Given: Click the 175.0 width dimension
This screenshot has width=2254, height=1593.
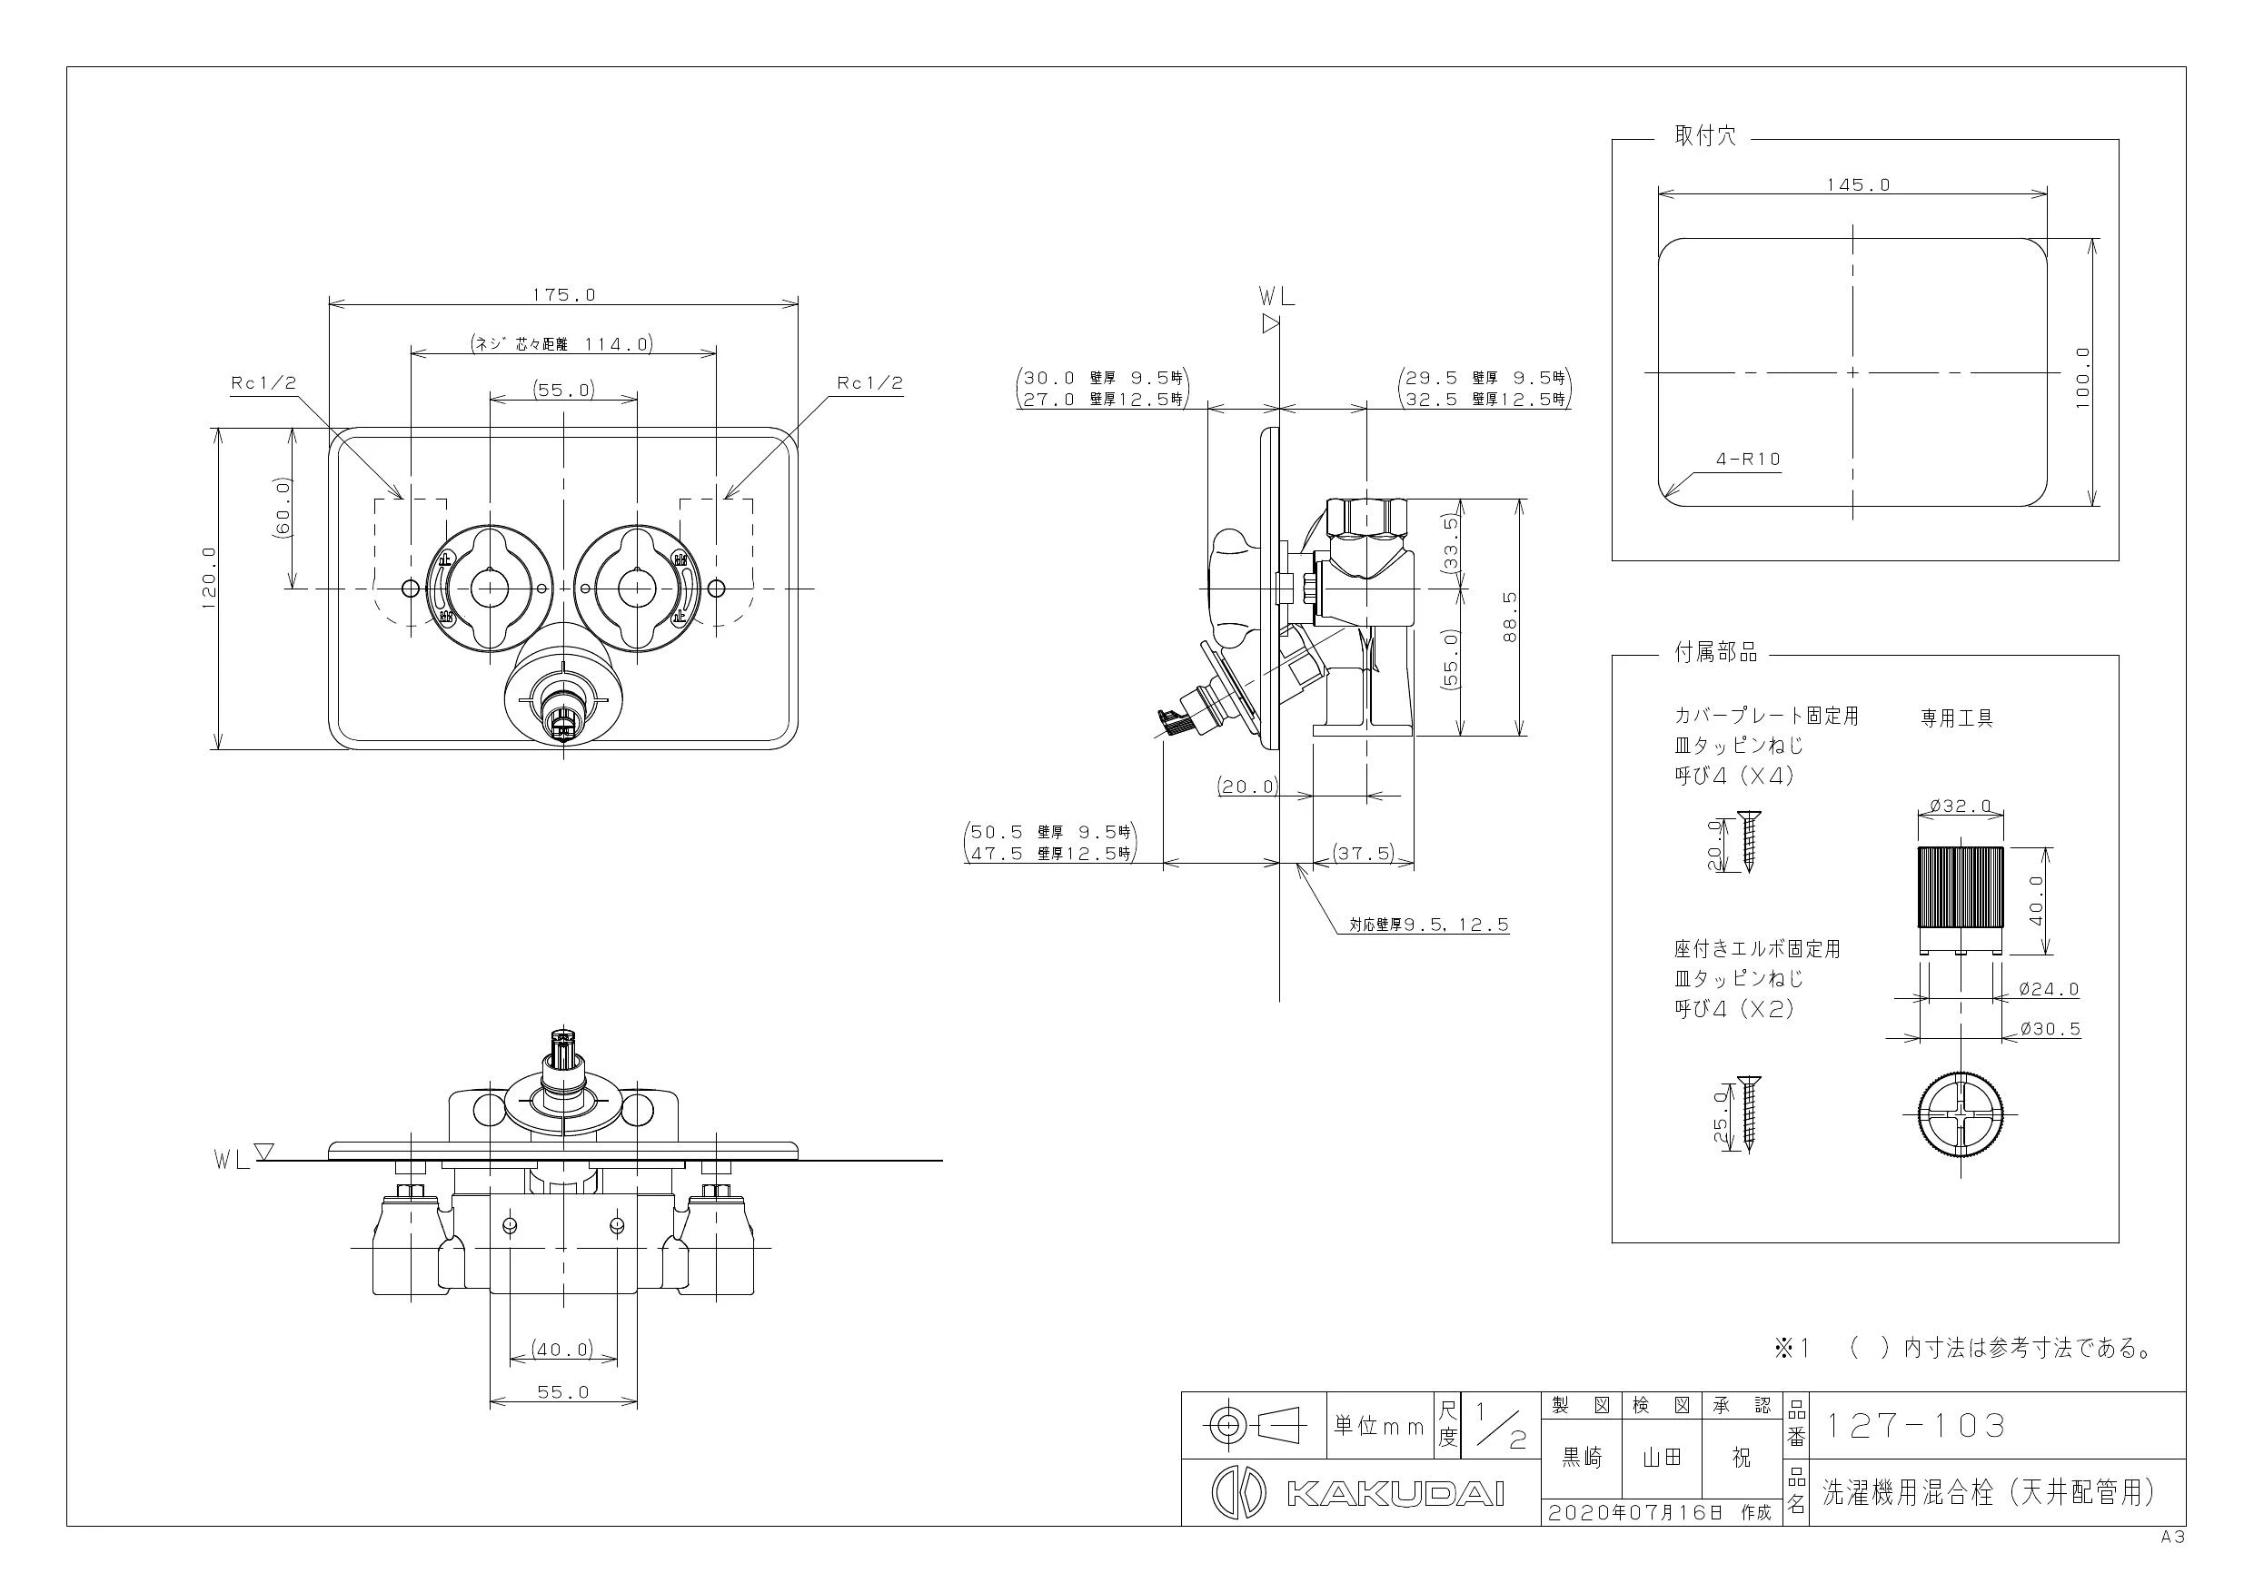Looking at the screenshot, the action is (x=563, y=293).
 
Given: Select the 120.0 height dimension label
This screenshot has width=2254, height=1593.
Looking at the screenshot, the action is (x=209, y=579).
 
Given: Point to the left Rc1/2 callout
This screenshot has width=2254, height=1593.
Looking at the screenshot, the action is (x=263, y=382).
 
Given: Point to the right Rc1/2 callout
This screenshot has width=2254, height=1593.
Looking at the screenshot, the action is (x=869, y=382).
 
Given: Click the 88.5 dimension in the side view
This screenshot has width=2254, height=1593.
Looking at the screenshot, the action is (x=1510, y=617).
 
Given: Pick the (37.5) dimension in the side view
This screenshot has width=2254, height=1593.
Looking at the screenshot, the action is (x=1363, y=853).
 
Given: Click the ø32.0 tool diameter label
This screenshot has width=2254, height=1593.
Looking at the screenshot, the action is (x=1960, y=806).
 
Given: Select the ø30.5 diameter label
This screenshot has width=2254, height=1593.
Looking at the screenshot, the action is (x=2050, y=1029).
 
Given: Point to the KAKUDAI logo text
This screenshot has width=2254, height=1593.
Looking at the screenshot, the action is (x=1395, y=1494).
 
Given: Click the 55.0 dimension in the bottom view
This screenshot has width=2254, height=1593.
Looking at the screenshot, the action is (x=563, y=1391).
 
